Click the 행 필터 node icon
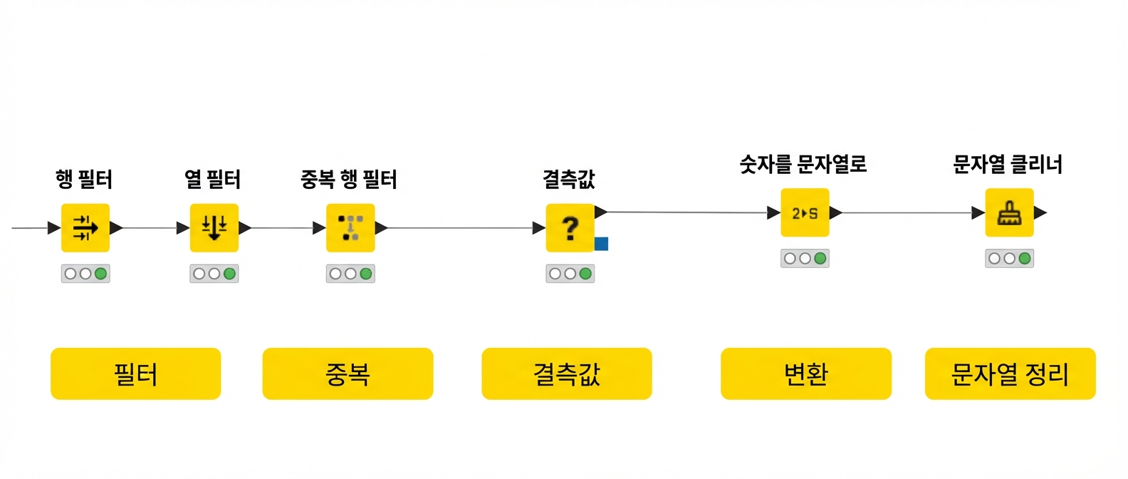tap(85, 228)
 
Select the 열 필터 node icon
tap(214, 228)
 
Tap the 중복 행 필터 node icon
tap(350, 228)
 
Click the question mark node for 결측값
tap(570, 228)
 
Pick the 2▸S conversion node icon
tap(805, 213)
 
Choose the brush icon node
tap(1010, 213)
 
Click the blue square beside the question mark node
tap(601, 244)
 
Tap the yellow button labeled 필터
tap(136, 374)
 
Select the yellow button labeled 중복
tap(348, 374)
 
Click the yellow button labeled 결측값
tap(567, 374)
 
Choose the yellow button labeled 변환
tap(806, 374)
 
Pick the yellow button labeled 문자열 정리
tap(1010, 374)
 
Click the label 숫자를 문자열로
tap(803, 165)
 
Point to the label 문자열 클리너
tap(1008, 165)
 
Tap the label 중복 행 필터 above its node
tap(349, 180)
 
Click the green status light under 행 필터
tap(100, 274)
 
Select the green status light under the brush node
tap(1025, 259)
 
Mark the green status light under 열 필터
tap(229, 274)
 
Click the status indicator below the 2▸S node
tap(805, 259)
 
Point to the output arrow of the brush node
tap(1040, 213)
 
